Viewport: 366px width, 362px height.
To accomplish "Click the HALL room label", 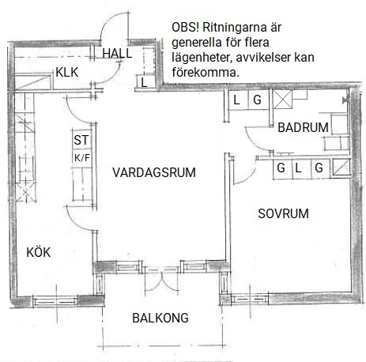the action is [x=117, y=54].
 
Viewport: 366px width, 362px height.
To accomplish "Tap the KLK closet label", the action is [x=67, y=73].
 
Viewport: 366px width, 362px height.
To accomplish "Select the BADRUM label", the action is [x=303, y=127].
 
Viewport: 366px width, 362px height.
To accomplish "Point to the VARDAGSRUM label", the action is [x=154, y=172].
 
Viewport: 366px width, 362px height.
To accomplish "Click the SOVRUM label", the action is [x=283, y=213].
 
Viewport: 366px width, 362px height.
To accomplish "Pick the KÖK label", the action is [x=39, y=252].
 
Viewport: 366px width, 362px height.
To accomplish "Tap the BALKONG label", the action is [x=160, y=318].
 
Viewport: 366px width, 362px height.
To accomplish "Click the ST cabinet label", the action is [x=81, y=140].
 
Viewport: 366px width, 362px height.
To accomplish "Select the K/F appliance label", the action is [x=82, y=158].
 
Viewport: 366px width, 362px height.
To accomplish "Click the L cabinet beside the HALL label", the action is [x=144, y=83].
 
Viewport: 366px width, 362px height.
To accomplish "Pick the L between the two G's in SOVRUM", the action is [x=298, y=168].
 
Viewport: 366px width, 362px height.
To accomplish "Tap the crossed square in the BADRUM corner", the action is [x=282, y=100].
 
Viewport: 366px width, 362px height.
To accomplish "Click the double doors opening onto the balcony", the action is [x=162, y=281].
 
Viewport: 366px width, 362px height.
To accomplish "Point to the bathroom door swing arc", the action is [x=254, y=143].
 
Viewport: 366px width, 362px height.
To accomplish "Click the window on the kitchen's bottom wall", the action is [x=55, y=301].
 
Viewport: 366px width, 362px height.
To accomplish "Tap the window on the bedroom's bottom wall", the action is [x=250, y=300].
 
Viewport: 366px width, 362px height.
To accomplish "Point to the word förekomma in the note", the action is [x=206, y=72].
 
